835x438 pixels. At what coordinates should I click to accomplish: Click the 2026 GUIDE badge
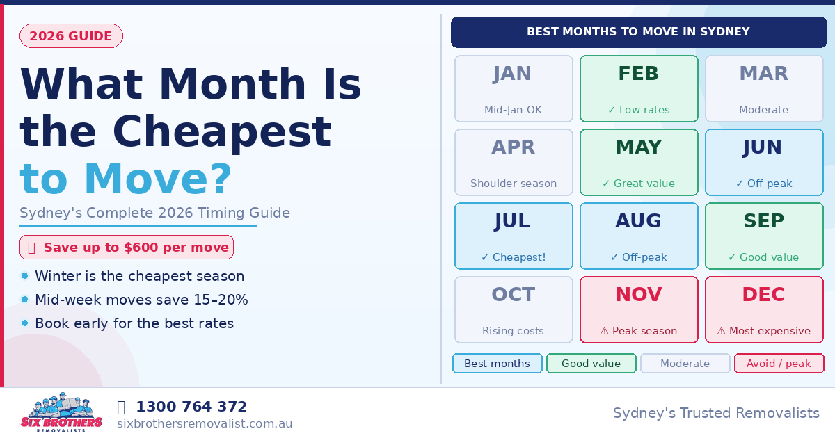[x=71, y=36]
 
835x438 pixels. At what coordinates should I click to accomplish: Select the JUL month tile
[x=514, y=236]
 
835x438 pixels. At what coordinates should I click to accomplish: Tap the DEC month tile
[x=764, y=309]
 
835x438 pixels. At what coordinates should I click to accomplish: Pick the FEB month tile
[x=639, y=88]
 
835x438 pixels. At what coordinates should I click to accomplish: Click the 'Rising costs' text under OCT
[x=514, y=331]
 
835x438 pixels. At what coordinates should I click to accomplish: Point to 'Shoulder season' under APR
[x=514, y=184]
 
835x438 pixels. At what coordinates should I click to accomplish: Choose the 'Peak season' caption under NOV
[x=639, y=331]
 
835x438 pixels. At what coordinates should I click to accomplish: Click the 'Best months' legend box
[x=497, y=364]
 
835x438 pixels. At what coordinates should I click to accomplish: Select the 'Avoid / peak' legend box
[x=779, y=364]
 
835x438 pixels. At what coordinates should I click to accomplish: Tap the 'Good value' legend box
[x=591, y=364]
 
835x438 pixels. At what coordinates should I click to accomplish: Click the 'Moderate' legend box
[x=685, y=364]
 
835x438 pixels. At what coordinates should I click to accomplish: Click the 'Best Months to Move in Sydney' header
[x=638, y=32]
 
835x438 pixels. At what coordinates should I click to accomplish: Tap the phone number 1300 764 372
[x=191, y=407]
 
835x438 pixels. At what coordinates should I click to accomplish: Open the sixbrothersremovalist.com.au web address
[x=205, y=423]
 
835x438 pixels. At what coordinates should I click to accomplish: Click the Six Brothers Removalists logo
[x=61, y=412]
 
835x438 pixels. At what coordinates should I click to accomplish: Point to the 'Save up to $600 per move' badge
[x=127, y=248]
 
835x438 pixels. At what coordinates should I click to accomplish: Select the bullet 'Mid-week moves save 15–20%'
[x=141, y=300]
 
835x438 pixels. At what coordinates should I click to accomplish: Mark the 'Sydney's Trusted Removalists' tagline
[x=716, y=413]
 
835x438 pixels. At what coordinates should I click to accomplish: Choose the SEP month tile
[x=764, y=236]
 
